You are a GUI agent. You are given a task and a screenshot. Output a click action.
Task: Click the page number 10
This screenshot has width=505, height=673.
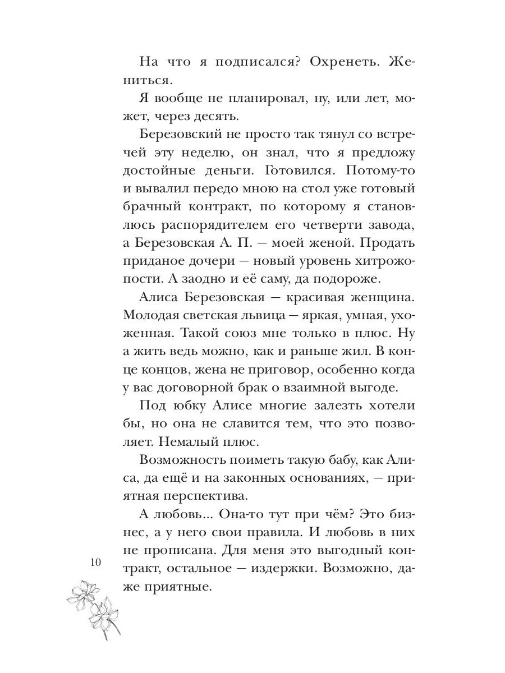[x=94, y=564]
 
